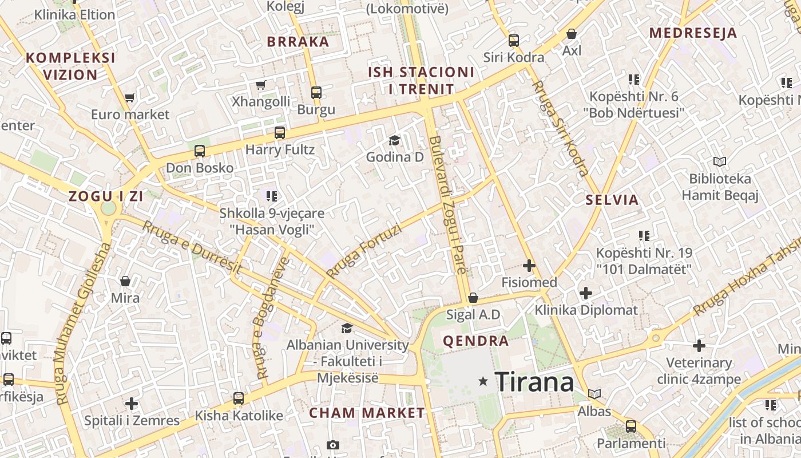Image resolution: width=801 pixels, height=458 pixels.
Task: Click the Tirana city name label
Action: (x=534, y=382)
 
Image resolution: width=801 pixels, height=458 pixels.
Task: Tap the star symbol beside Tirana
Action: (x=483, y=381)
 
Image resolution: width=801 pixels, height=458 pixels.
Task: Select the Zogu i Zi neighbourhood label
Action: (x=106, y=196)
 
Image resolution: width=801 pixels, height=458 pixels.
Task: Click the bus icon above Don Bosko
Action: (x=199, y=151)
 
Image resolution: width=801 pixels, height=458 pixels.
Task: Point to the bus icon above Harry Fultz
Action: (x=279, y=133)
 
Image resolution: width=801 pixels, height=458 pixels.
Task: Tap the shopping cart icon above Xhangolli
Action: (x=260, y=85)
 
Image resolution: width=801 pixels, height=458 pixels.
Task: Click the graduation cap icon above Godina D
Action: (x=394, y=140)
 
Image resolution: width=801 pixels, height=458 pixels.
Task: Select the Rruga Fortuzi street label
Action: (x=363, y=250)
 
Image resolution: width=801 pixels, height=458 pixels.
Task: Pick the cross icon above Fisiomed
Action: (x=529, y=266)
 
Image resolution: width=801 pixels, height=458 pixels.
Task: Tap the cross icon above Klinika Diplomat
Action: (x=585, y=293)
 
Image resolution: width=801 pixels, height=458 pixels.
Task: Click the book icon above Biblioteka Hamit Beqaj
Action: (x=719, y=162)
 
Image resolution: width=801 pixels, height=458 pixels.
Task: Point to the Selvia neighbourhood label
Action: (x=612, y=200)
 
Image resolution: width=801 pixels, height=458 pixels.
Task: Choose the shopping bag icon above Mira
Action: (x=125, y=281)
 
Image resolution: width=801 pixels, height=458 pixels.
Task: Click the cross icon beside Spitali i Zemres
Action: (x=132, y=404)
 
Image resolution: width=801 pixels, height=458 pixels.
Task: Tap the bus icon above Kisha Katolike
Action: (x=239, y=398)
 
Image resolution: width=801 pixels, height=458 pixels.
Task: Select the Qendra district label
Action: (x=475, y=341)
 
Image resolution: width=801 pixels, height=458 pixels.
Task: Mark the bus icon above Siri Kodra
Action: (x=514, y=41)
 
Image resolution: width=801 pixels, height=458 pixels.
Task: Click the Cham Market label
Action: (x=367, y=413)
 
